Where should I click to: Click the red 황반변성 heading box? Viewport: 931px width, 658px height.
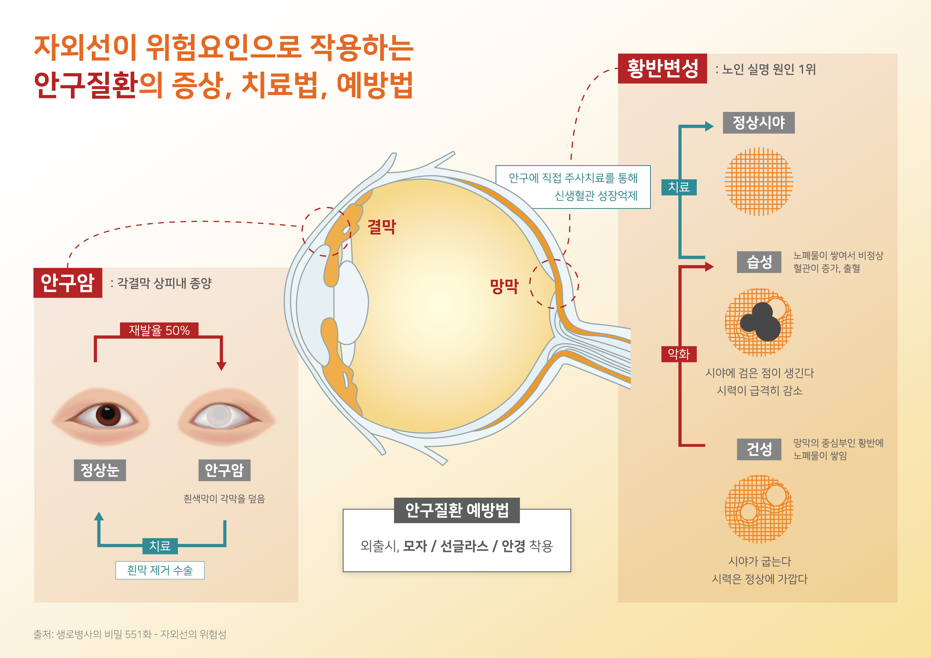(662, 68)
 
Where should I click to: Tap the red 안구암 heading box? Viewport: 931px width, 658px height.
(68, 283)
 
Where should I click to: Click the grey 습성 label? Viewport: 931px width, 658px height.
(759, 262)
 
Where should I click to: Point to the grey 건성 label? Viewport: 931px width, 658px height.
(759, 449)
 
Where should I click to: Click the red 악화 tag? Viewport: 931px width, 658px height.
(679, 354)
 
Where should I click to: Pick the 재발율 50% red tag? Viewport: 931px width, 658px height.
(159, 330)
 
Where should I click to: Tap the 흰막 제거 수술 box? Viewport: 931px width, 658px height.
(160, 570)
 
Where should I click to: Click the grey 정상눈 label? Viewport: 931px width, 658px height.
(100, 470)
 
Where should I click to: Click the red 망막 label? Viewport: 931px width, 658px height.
(504, 286)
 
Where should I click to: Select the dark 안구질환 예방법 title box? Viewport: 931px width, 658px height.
(456, 510)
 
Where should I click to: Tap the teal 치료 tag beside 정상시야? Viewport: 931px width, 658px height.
(679, 187)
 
